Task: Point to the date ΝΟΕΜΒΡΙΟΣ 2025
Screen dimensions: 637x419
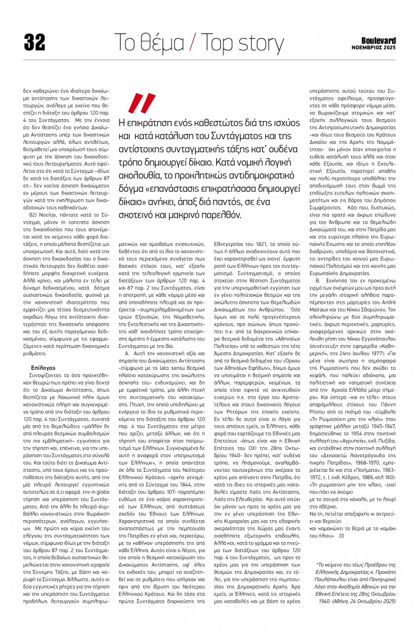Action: [x=378, y=47]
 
